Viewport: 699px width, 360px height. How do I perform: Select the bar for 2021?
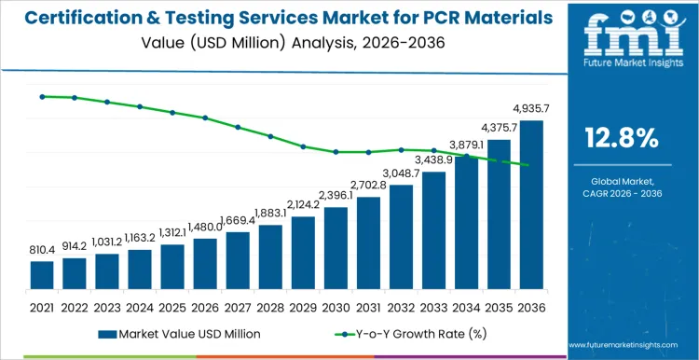tap(42, 275)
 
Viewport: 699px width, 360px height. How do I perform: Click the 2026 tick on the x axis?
tap(205, 307)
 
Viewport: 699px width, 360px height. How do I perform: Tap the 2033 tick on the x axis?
tap(433, 307)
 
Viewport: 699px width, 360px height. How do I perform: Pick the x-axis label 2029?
tap(303, 307)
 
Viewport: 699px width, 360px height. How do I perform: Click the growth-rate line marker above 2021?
tap(42, 96)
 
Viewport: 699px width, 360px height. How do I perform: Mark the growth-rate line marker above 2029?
tap(303, 146)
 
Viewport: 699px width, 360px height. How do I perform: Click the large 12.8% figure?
tap(622, 138)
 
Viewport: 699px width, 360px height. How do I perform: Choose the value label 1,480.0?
tap(205, 227)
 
